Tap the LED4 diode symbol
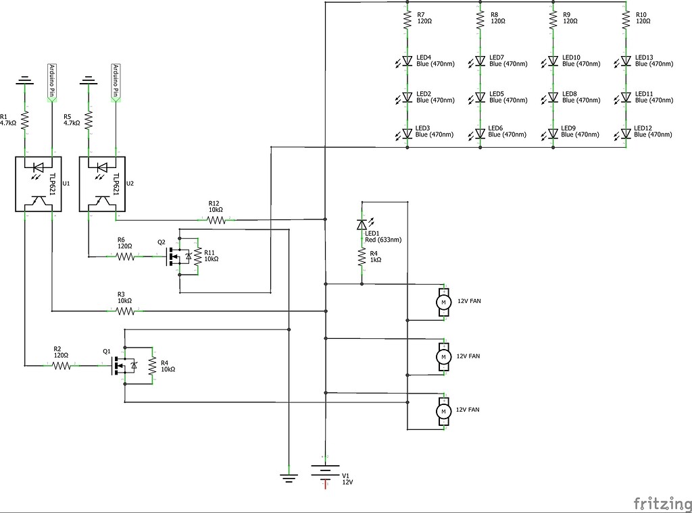tap(407, 61)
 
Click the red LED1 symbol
tap(362, 224)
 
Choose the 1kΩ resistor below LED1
tap(362, 256)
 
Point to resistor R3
tap(126, 311)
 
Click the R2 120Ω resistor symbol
tap(61, 365)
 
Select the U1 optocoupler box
tap(39, 184)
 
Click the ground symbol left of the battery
tap(289, 477)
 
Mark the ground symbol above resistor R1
tap(26, 80)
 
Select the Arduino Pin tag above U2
tap(115, 80)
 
